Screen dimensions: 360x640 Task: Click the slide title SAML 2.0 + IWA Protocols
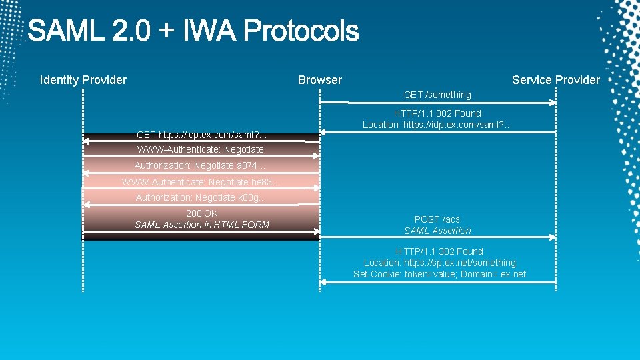(193, 31)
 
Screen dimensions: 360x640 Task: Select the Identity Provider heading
(83, 80)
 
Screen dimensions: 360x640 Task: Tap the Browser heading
(319, 80)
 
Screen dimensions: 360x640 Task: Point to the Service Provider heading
(555, 80)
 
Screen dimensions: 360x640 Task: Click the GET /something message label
(437, 95)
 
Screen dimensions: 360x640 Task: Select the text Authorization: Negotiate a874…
(201, 165)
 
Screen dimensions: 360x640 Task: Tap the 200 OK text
(202, 213)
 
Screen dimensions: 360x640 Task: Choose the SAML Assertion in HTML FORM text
(202, 225)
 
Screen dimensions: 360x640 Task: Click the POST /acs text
(437, 219)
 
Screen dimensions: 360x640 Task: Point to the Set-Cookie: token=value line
(439, 274)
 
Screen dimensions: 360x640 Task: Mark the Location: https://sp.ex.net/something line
(439, 263)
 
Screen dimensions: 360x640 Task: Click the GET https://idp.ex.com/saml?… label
(201, 135)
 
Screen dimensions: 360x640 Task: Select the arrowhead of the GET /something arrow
(552, 103)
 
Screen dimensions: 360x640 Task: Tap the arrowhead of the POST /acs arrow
(552, 237)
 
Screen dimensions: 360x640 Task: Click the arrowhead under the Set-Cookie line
(323, 283)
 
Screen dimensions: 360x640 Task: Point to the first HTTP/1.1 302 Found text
(437, 113)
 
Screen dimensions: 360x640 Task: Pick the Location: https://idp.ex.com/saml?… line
(437, 125)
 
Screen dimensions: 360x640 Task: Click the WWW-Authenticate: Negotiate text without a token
(200, 149)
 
